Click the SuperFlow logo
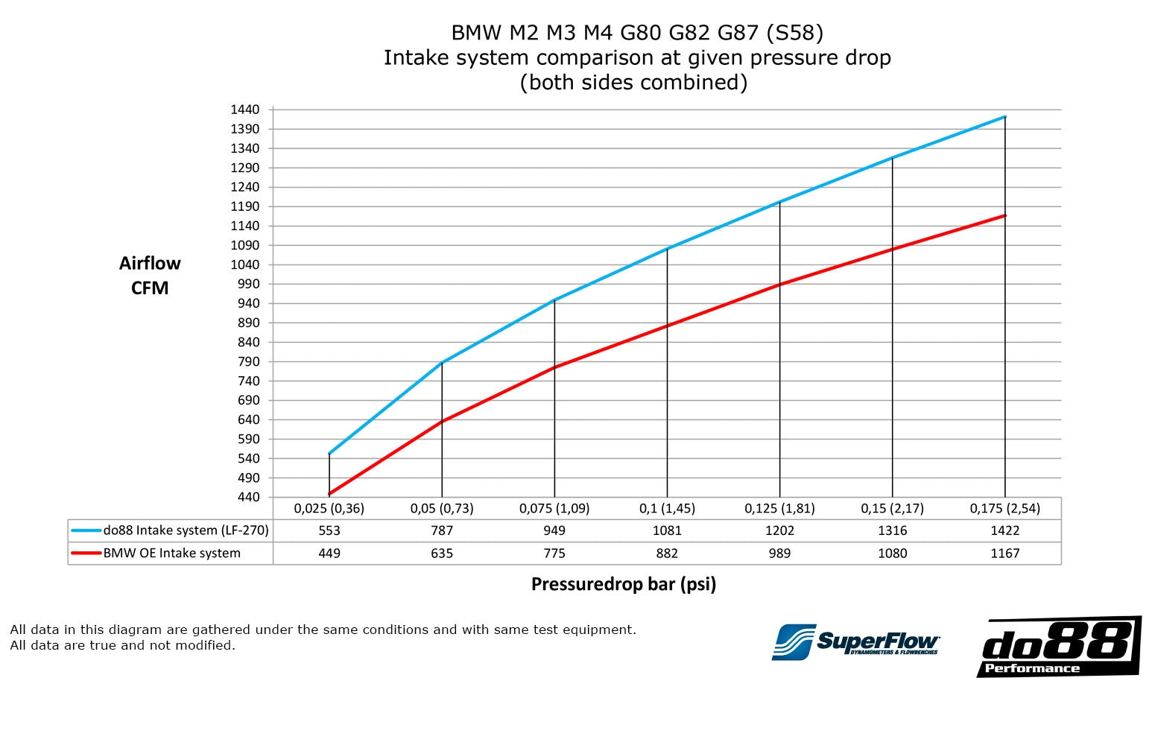(x=855, y=641)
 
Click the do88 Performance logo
(x=1058, y=647)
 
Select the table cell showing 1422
(x=1004, y=530)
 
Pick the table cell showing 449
(x=329, y=554)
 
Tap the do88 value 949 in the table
(x=554, y=530)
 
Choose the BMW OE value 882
(x=667, y=554)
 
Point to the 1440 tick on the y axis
(x=245, y=110)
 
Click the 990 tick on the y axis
(x=249, y=284)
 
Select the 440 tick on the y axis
(x=249, y=497)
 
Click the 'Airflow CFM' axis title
(x=150, y=275)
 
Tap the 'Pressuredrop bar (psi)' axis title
(x=623, y=584)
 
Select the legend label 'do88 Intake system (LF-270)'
(x=186, y=530)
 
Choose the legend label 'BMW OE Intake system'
(x=171, y=554)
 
